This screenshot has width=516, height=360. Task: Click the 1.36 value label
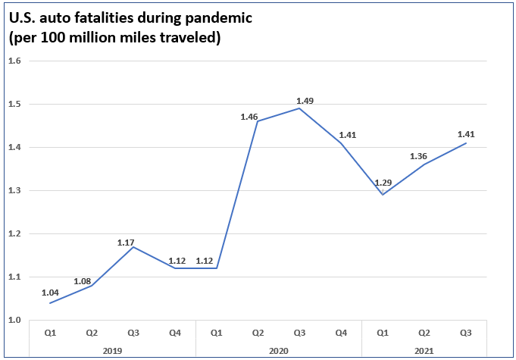(x=427, y=157)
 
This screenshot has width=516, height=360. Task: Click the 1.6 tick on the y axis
(x=14, y=61)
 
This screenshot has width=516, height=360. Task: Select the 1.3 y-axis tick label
(x=14, y=190)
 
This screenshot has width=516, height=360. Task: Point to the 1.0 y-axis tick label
(x=14, y=320)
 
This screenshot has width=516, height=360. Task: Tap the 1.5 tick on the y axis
(x=14, y=104)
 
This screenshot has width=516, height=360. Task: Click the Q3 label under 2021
(x=466, y=332)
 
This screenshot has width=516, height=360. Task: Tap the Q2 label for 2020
(x=258, y=332)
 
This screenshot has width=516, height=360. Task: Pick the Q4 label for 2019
(x=174, y=332)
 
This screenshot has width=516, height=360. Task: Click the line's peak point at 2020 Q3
(x=299, y=108)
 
